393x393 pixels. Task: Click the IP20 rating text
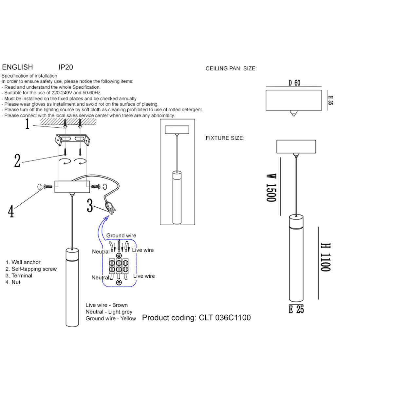click(x=65, y=67)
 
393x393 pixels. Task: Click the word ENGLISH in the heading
click(x=17, y=67)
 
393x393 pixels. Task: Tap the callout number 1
click(x=28, y=124)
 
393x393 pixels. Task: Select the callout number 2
click(x=17, y=161)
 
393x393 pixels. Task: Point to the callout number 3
click(x=90, y=206)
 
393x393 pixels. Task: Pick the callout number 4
click(x=11, y=211)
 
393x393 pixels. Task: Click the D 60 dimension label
click(x=294, y=83)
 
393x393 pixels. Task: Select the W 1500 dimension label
click(x=271, y=188)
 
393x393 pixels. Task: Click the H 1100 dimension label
click(x=325, y=257)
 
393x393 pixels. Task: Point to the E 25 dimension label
click(x=296, y=309)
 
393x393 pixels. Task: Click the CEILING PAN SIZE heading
click(x=231, y=68)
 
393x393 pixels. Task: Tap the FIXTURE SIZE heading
click(x=225, y=138)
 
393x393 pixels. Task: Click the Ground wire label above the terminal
click(x=121, y=235)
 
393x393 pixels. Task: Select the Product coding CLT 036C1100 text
click(x=196, y=318)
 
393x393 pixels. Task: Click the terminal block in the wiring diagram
click(x=119, y=266)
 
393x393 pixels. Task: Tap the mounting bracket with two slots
click(x=72, y=140)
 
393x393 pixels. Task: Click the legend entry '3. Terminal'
click(x=19, y=276)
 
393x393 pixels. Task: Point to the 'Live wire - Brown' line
click(x=106, y=305)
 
